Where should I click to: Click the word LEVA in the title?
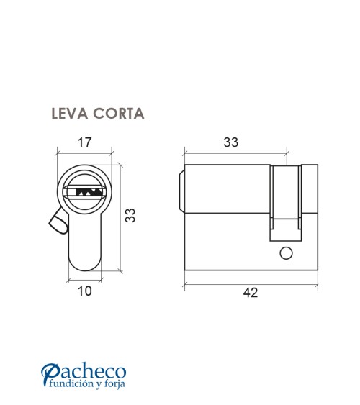point(68,114)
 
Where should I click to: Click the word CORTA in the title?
point(117,114)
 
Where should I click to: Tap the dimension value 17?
point(84,142)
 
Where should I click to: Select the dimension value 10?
point(85,291)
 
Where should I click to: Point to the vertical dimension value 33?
point(131,216)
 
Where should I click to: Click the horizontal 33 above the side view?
point(230,142)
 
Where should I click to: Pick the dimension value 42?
point(251,293)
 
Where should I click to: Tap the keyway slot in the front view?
point(84,192)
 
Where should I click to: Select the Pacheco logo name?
point(84,373)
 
